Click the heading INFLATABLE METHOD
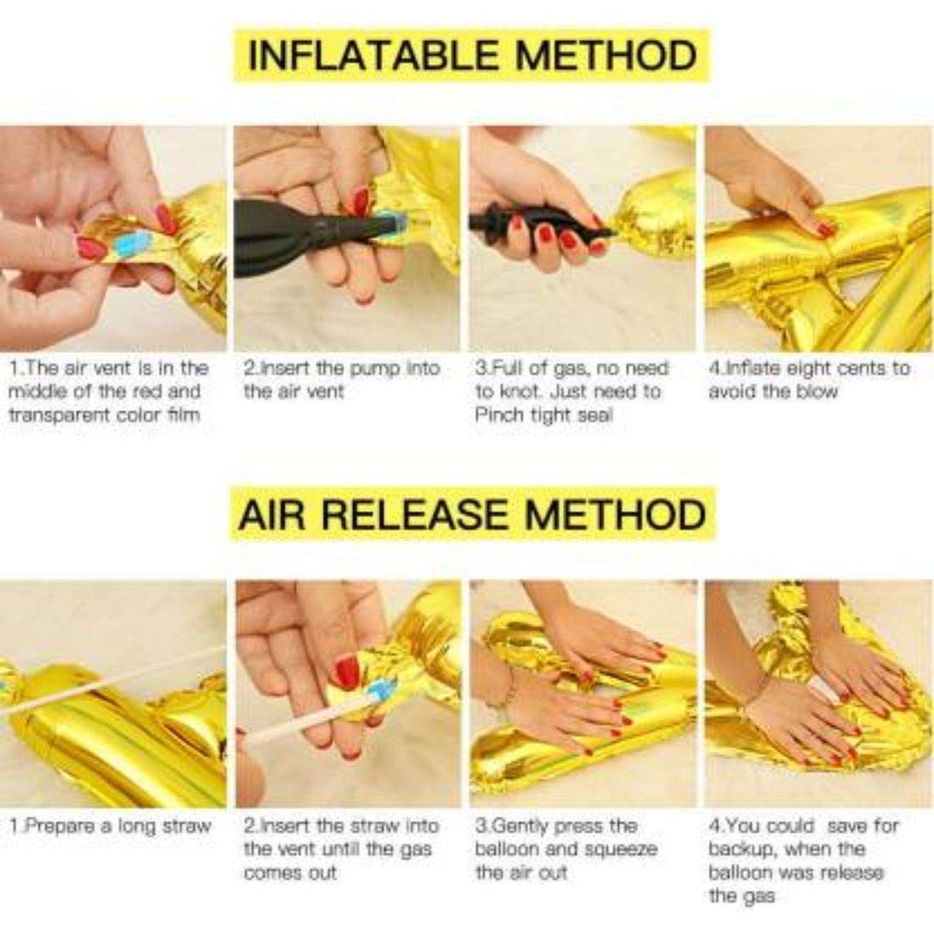472,55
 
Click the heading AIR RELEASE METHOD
472,514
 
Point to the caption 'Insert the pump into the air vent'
341,380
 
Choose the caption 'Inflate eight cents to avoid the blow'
809,380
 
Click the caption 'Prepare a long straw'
110,826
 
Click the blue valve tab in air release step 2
381,692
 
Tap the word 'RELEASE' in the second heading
417,514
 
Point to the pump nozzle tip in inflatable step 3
611,231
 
